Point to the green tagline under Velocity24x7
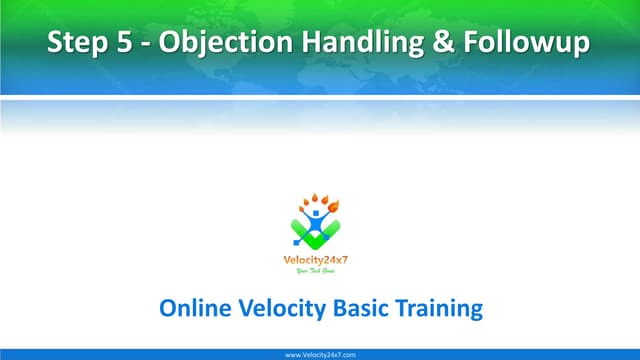(x=319, y=271)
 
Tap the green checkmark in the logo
(x=318, y=236)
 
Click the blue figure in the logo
(x=318, y=217)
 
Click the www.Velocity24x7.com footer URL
(x=320, y=354)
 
